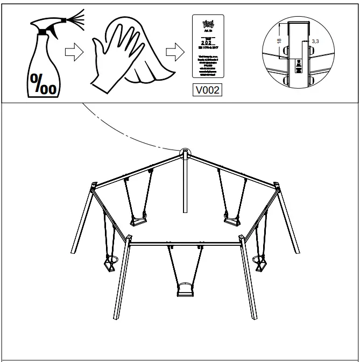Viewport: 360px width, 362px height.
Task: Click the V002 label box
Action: (x=207, y=90)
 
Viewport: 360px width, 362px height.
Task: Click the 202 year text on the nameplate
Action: (x=207, y=42)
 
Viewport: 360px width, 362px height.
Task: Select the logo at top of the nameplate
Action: (x=207, y=24)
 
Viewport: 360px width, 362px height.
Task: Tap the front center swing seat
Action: (x=186, y=291)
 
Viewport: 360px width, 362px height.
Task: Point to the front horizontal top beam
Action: (x=186, y=243)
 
